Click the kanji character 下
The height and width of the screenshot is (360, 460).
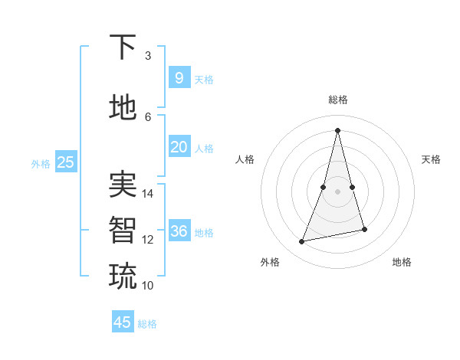123,47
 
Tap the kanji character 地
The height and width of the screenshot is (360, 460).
123,107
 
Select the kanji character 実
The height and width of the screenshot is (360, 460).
123,183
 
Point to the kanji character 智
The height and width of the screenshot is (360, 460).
123,228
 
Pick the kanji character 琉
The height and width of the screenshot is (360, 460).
123,275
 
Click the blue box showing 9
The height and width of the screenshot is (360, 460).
179,77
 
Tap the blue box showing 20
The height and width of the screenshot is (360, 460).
179,147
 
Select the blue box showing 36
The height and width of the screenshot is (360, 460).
179,231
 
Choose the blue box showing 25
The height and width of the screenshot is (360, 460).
65,162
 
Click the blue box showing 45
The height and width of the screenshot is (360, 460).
123,322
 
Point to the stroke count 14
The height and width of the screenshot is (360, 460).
148,194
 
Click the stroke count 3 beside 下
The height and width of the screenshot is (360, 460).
148,56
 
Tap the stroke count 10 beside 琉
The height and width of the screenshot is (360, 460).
148,286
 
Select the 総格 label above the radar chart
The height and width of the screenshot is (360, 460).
337,100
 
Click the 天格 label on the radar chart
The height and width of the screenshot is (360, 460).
431,159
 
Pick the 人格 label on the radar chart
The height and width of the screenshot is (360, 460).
245,159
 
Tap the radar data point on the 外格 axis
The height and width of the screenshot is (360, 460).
302,241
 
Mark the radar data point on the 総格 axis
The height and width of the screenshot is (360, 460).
337,130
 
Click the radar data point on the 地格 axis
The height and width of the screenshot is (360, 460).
364,229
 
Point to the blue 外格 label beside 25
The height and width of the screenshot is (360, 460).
41,163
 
